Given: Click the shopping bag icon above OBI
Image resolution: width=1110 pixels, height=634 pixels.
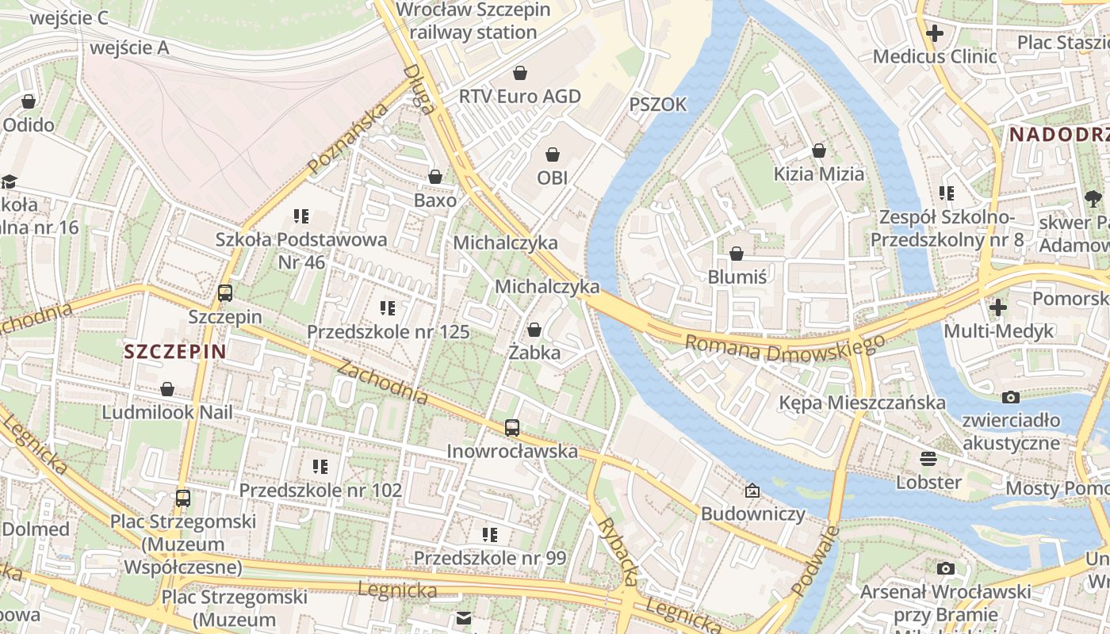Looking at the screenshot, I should point(553,154).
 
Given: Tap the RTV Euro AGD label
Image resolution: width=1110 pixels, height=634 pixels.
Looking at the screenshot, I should point(520,97).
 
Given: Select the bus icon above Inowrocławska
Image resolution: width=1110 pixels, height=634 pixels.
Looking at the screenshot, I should point(512,428).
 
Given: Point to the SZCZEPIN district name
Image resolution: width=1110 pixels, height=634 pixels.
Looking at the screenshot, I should point(175,352).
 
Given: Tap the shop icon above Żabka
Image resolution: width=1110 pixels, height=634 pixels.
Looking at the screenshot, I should point(534,330).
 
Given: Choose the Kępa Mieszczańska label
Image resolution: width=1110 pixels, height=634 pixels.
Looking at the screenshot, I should point(862,403).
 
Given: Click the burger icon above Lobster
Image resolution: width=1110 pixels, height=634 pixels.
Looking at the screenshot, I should point(928,459).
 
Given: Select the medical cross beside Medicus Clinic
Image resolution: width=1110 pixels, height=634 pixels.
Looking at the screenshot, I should point(935,33).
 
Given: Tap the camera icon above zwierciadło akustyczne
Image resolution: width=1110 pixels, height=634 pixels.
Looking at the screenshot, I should point(1011,397).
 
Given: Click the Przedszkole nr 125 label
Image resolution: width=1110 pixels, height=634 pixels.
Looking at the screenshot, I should point(388,332).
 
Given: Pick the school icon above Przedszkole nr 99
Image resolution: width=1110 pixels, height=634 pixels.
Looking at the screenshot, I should point(490,535).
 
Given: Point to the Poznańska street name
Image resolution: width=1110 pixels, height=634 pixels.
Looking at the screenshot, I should point(349,139).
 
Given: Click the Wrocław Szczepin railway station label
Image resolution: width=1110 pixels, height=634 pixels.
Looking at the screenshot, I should point(473,21).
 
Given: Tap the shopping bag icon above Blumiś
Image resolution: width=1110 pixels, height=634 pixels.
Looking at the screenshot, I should point(737,254).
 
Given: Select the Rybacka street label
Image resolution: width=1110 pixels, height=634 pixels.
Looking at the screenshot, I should point(618,552).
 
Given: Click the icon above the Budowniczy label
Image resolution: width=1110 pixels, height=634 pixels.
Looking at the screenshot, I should point(752,491).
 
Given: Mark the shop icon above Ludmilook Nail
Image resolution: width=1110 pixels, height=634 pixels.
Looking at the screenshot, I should point(167,389).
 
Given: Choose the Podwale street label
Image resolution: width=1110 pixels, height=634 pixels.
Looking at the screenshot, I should point(814,560).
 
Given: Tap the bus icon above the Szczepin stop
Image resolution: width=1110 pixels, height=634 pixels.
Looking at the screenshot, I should point(225,293).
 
